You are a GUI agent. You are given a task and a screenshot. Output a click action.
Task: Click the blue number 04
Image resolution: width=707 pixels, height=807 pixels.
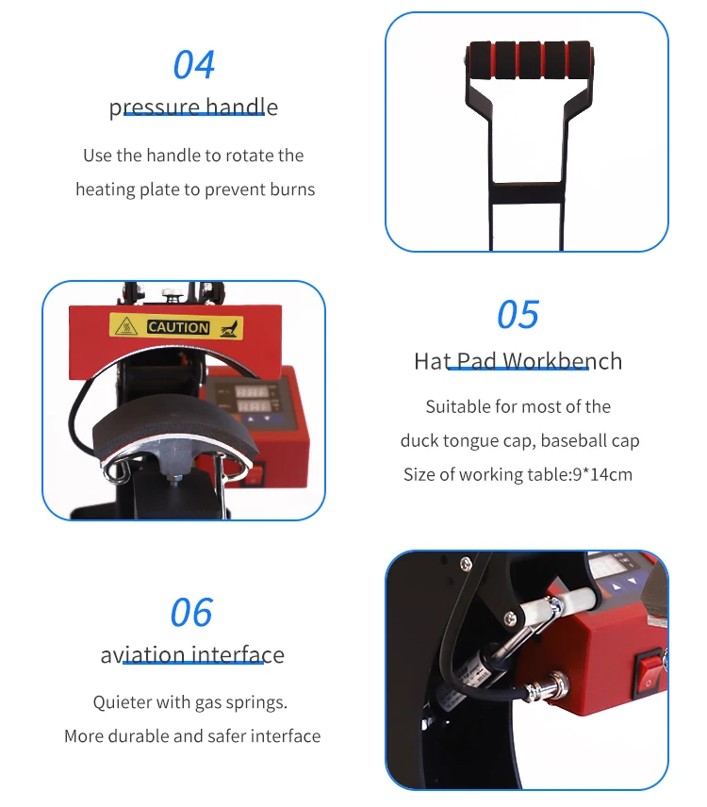tap(194, 65)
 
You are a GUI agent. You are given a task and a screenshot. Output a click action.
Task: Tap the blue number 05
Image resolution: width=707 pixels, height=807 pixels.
tap(518, 315)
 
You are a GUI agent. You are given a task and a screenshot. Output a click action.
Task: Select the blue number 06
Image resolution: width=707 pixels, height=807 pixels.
tap(191, 613)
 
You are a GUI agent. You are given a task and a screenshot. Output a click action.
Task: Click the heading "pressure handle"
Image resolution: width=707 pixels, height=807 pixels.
tap(193, 107)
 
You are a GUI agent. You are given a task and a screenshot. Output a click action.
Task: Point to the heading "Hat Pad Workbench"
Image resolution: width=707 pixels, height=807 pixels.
tap(518, 361)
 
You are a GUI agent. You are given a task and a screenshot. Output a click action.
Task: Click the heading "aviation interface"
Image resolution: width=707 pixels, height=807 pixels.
tap(192, 654)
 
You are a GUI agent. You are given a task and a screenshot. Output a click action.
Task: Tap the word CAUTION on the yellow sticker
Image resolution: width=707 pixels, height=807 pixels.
tap(178, 327)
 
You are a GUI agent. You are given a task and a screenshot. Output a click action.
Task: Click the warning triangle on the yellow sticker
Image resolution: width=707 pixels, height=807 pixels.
tap(126, 326)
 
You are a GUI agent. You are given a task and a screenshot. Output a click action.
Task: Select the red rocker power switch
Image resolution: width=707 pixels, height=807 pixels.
tap(649, 673)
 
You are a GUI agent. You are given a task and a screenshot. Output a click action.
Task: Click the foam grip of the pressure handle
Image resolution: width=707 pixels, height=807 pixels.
tap(530, 59)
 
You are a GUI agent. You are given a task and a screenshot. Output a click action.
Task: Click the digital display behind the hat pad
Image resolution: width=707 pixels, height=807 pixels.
tap(252, 398)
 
